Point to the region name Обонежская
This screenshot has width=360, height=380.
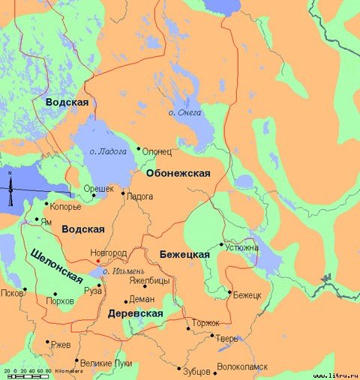tap(178, 173)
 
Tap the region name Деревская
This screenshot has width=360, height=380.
tap(136, 313)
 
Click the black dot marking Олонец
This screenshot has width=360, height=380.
tap(138, 148)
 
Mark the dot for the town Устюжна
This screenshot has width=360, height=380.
tap(221, 244)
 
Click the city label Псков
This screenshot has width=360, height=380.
tap(13, 293)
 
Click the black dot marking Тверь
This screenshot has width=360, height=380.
tap(212, 336)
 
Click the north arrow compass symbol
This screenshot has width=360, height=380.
tap(10, 191)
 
